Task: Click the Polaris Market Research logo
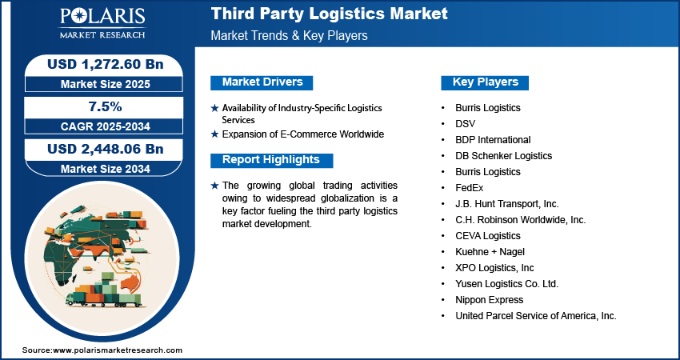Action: coord(102,22)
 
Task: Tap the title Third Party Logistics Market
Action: coord(329,14)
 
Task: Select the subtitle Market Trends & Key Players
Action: coord(289,35)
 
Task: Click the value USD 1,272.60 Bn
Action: coord(106,64)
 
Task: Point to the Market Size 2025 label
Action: coord(106,84)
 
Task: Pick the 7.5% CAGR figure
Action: coord(106,106)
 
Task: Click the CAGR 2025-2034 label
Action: coord(106,126)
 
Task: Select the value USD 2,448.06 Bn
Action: coord(106,149)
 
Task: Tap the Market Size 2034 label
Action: coord(106,169)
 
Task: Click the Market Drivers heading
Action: coord(262,82)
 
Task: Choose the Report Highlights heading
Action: coord(271,160)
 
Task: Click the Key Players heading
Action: coord(485,82)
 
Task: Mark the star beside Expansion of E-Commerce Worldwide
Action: coord(214,134)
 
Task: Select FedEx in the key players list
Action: coord(470,188)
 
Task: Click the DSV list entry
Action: coord(466,124)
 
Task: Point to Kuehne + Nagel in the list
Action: coord(490,251)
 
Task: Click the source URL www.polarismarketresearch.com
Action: coord(118,350)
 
